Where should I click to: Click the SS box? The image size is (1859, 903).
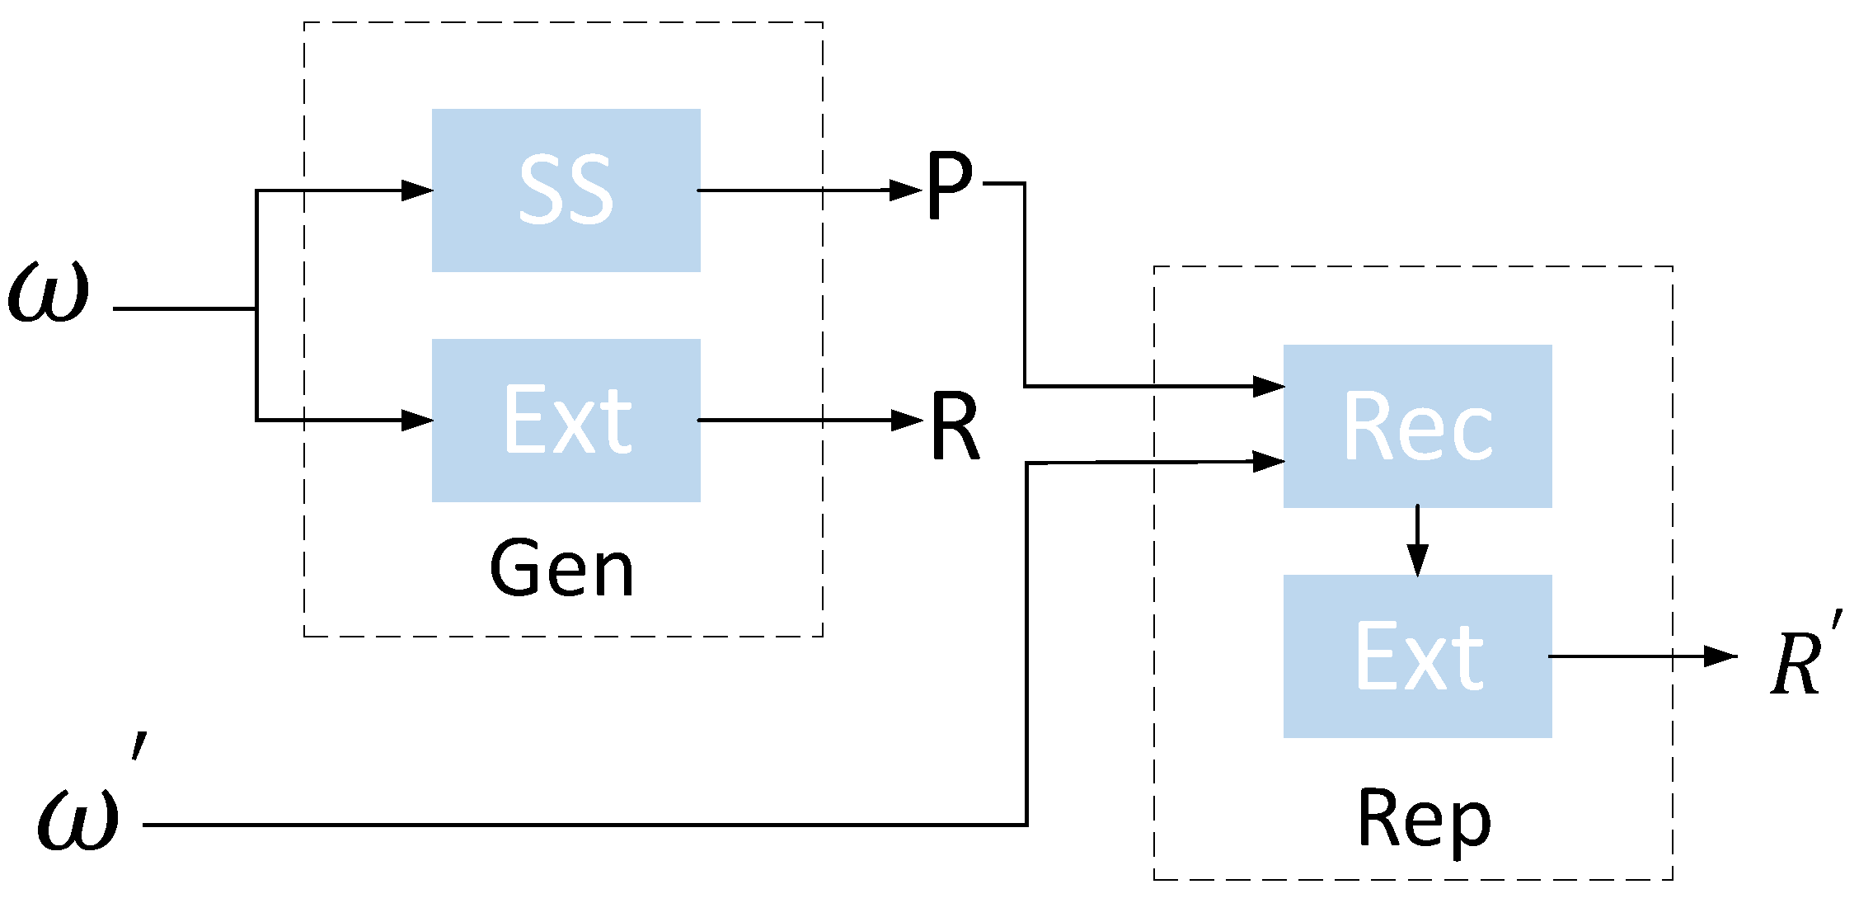point(566,190)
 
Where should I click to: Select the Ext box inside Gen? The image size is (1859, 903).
point(566,421)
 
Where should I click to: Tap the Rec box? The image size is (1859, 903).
point(1417,426)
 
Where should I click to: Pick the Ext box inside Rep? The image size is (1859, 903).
point(1417,656)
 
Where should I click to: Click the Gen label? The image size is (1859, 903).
point(562,569)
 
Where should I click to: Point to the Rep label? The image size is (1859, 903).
point(1424,820)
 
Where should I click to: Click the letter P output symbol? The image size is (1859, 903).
point(949,186)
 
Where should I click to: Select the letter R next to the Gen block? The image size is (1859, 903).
point(955,426)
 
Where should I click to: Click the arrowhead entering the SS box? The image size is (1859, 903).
point(417,190)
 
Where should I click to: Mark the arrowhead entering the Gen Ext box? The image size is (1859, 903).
point(417,421)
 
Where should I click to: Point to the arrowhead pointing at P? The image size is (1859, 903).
point(906,190)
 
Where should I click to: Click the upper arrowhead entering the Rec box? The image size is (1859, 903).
point(1268,386)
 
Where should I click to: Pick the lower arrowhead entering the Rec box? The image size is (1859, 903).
point(1268,461)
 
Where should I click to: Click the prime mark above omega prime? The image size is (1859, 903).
point(139,745)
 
